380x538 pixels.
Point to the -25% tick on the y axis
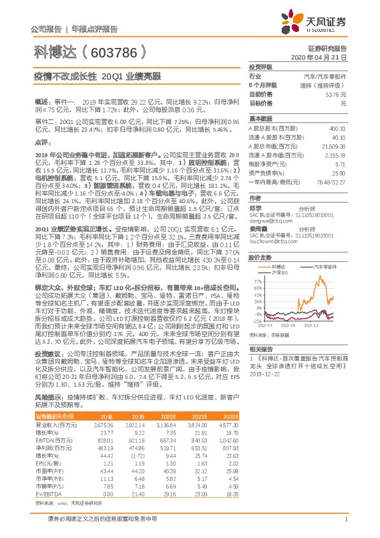coord(255,322)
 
